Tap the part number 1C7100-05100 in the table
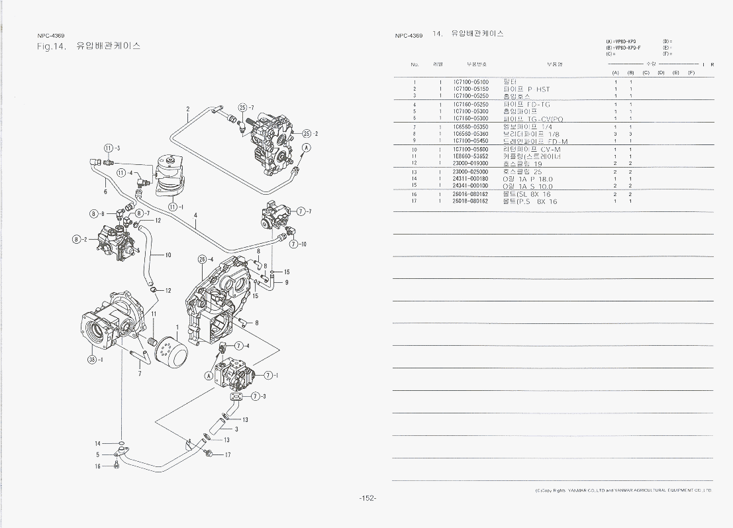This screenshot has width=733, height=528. point(471,81)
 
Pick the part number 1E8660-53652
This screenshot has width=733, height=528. point(471,156)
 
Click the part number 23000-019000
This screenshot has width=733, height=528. point(471,163)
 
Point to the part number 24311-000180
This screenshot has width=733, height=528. point(471,179)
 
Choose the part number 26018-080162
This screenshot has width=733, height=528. point(471,201)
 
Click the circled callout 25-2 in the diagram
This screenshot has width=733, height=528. point(309,134)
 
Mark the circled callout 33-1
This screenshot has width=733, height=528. point(94,359)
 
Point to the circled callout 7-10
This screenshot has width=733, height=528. point(297,244)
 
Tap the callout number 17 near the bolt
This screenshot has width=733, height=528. point(227,455)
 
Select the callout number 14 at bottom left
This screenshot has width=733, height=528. point(98,443)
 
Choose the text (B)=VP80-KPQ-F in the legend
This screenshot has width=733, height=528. point(624,48)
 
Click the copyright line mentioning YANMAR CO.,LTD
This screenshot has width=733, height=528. point(622,491)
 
